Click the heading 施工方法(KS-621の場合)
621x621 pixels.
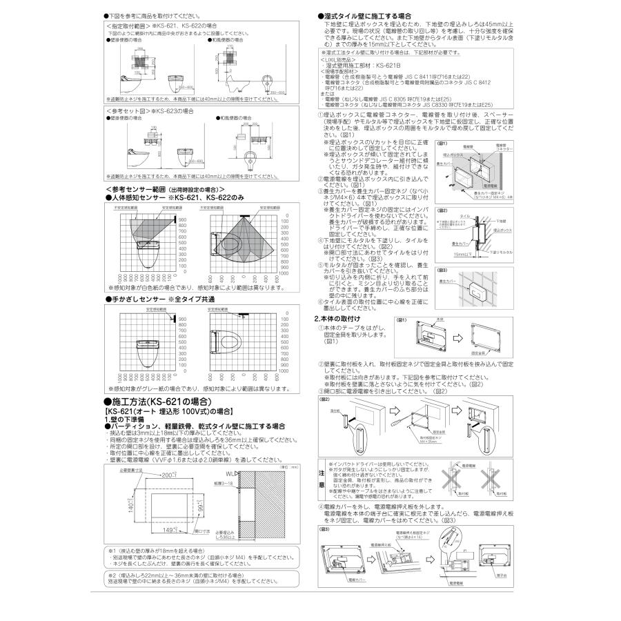pyautogui.click(x=157, y=401)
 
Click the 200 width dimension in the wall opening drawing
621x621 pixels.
pyautogui.click(x=167, y=475)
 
